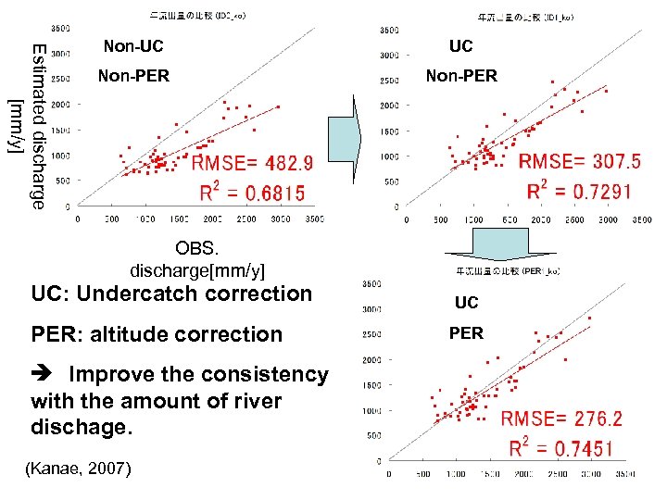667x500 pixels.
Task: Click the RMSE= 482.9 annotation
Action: pyautogui.click(x=251, y=165)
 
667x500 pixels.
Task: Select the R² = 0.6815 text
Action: pyautogui.click(x=252, y=194)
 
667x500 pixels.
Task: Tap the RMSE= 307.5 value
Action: pyautogui.click(x=579, y=162)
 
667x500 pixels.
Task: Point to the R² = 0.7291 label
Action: pyautogui.click(x=579, y=192)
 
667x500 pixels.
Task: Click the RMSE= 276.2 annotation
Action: pyautogui.click(x=561, y=419)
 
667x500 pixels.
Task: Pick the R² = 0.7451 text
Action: pyautogui.click(x=561, y=449)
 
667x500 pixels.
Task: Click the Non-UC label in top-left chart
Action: pyautogui.click(x=133, y=46)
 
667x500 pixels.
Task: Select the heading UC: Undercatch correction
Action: pyautogui.click(x=171, y=294)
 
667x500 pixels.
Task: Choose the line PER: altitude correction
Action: pyautogui.click(x=157, y=334)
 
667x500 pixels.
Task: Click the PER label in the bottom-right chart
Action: pyautogui.click(x=466, y=333)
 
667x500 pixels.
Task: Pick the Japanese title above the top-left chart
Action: pyautogui.click(x=197, y=16)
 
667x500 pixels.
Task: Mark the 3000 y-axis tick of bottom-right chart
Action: pyautogui.click(x=372, y=309)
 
